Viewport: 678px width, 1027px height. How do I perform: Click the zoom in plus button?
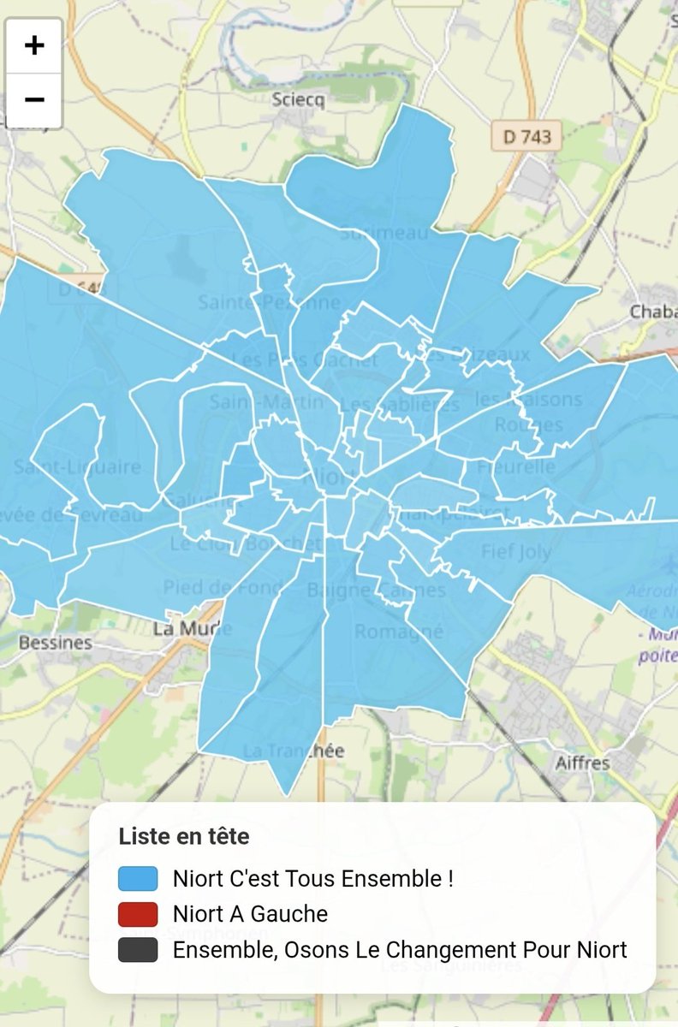pyautogui.click(x=34, y=45)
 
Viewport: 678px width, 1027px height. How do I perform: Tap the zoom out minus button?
pyautogui.click(x=34, y=100)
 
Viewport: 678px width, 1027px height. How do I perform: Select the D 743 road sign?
pyautogui.click(x=526, y=135)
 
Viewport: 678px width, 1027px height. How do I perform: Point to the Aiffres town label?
pyautogui.click(x=582, y=763)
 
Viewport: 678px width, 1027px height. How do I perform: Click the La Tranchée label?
pyautogui.click(x=294, y=751)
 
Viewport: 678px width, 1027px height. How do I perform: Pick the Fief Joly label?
pyautogui.click(x=516, y=551)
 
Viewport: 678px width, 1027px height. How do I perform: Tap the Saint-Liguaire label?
pyautogui.click(x=77, y=467)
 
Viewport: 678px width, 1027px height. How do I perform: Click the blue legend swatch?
pyautogui.click(x=138, y=879)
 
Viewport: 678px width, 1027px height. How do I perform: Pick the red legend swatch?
pyautogui.click(x=138, y=914)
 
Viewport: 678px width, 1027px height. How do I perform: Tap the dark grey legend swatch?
pyautogui.click(x=138, y=950)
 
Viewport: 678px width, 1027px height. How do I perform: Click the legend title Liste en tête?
pyautogui.click(x=184, y=836)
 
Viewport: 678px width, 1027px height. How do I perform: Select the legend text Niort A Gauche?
pyautogui.click(x=250, y=914)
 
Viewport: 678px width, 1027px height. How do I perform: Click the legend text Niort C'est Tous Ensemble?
pyautogui.click(x=312, y=879)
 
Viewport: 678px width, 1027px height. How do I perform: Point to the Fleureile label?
pyautogui.click(x=516, y=467)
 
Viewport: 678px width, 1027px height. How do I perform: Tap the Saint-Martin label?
pyautogui.click(x=268, y=401)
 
